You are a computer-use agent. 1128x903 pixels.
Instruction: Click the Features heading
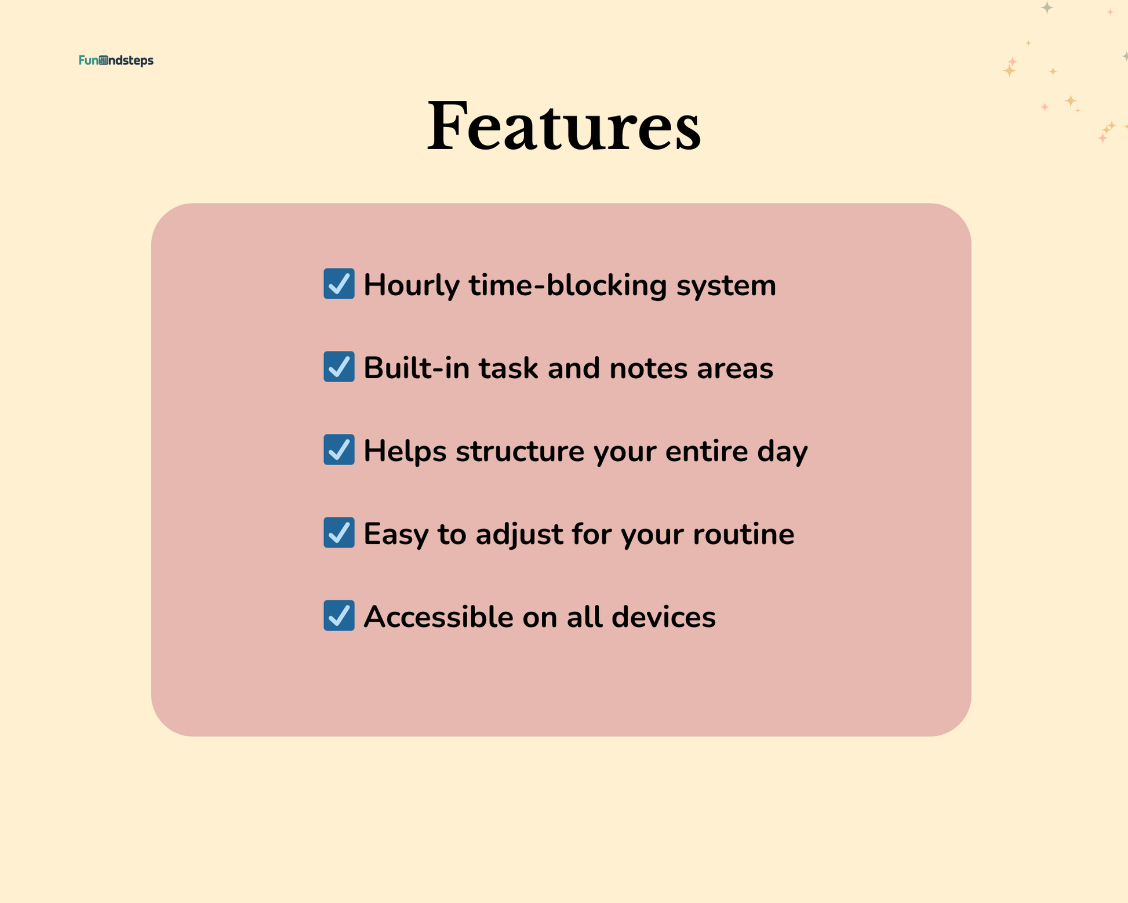coord(564,126)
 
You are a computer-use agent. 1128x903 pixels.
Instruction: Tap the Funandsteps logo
coord(116,60)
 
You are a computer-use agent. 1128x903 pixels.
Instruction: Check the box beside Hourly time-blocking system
coord(339,284)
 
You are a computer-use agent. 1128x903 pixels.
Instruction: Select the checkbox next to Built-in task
coord(339,367)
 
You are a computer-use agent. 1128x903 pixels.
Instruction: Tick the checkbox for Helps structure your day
coord(339,449)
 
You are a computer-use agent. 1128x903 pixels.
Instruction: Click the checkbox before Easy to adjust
coord(339,532)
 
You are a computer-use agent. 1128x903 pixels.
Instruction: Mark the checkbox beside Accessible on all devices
coord(339,615)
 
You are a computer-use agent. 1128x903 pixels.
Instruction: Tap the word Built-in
coord(416,368)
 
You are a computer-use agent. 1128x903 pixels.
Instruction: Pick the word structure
coord(520,452)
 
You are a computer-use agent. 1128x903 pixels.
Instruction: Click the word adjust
coord(519,535)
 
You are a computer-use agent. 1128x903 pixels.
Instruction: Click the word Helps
coord(405,451)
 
